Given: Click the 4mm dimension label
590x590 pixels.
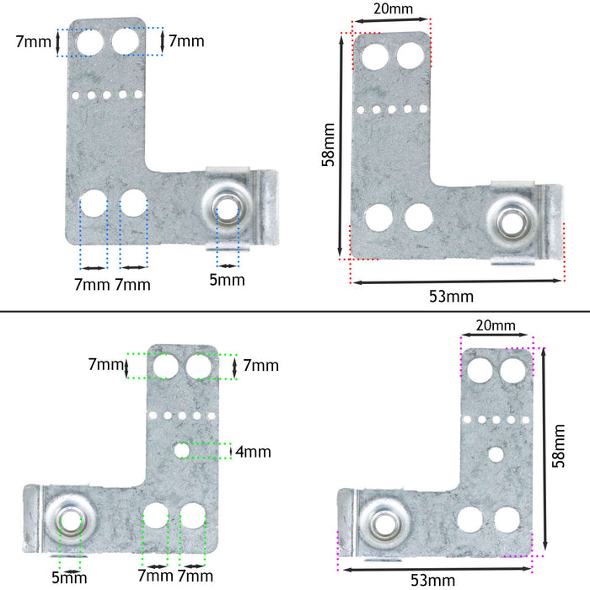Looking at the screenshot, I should (x=254, y=452).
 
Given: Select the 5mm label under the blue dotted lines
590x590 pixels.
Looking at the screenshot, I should (x=227, y=279).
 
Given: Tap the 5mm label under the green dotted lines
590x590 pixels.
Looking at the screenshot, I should (x=69, y=577).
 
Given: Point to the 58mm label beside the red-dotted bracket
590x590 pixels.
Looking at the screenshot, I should (x=329, y=146).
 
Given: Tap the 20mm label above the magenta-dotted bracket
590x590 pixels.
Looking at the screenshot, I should (x=496, y=325).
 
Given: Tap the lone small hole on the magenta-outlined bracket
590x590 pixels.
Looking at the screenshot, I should (x=496, y=454).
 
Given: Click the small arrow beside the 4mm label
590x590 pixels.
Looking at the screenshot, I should (x=230, y=452).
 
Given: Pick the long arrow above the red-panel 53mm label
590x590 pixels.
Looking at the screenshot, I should (x=456, y=281).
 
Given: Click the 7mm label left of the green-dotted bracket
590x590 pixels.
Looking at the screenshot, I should (x=106, y=364).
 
